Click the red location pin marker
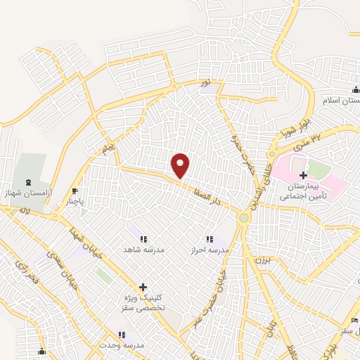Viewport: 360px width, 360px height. point(181,165)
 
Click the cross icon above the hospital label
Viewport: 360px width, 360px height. point(303,174)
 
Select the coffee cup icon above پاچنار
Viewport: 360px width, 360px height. point(76,191)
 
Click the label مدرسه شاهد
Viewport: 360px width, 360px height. point(143,250)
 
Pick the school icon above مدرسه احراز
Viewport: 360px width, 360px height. point(209,240)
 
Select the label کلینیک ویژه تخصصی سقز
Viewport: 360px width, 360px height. point(143,302)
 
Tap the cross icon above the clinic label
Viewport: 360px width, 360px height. point(143,287)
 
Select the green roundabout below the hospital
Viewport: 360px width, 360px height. point(244,219)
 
